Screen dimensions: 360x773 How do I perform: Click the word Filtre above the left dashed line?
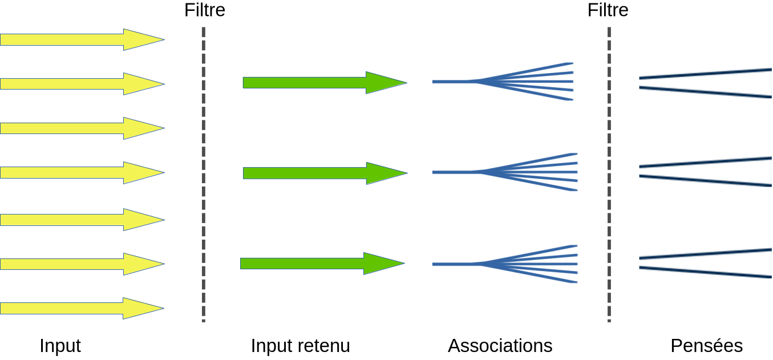click(205, 10)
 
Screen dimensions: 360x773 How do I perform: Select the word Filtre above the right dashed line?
click(608, 10)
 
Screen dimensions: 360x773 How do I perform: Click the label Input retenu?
click(301, 346)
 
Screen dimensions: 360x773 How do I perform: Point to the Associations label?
click(500, 346)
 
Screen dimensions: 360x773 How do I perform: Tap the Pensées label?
click(707, 346)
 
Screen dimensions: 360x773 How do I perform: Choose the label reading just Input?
click(60, 346)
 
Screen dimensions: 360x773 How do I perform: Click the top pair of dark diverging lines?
click(705, 83)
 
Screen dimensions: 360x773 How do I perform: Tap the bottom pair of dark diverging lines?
click(705, 262)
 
